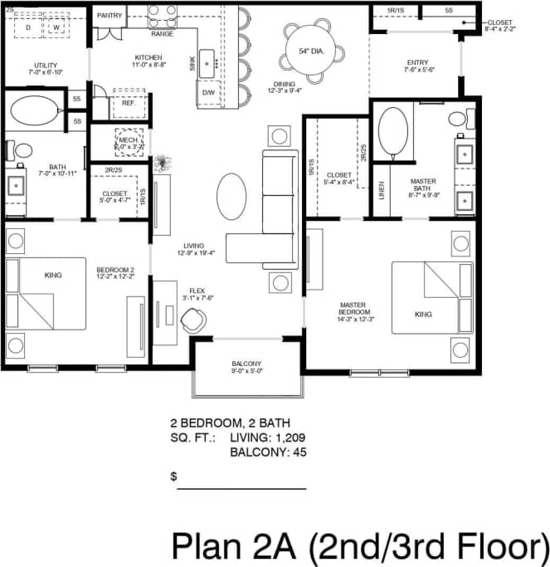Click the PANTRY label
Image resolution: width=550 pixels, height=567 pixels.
pos(110,16)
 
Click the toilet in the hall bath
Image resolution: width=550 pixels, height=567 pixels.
pos(21,150)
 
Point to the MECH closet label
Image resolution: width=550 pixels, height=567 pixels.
pos(128,140)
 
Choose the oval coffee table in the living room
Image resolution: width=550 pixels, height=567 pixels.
pos(231,196)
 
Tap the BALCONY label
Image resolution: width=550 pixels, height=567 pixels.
pos(246,364)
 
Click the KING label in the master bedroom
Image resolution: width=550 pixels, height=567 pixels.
pos(424,315)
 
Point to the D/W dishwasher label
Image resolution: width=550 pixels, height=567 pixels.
pos(209,92)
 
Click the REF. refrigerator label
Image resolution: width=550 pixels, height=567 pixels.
pos(129,103)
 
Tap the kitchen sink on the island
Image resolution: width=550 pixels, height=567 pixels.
pos(209,63)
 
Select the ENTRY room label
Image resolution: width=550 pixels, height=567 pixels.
pos(417,62)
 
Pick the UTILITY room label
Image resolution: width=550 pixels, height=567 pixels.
pos(46,66)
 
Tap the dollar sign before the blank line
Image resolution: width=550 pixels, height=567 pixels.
pos(174,477)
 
